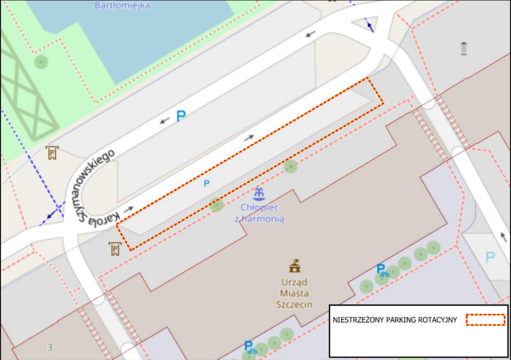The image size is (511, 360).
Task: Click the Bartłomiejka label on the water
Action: coord(122,5)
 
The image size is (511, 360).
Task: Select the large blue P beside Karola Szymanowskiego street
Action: coord(181,116)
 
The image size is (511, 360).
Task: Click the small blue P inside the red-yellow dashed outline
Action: coord(207,183)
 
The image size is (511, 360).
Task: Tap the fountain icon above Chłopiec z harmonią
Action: coord(259,193)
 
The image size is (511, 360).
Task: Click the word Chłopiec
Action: coord(259,207)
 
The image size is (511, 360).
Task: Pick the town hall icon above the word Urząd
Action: coord(294,265)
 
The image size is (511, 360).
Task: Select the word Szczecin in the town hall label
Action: coord(294,305)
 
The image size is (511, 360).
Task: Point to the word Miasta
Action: coord(294,293)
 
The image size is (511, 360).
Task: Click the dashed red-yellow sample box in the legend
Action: coord(485,320)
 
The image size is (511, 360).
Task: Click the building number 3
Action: coord(50,347)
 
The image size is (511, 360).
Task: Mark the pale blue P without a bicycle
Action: coord(490,258)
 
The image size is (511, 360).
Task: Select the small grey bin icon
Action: coord(464,48)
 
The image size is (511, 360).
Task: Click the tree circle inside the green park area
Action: coord(41,62)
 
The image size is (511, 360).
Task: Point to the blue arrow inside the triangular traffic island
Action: coord(369,25)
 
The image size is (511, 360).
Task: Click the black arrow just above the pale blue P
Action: coord(503,236)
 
